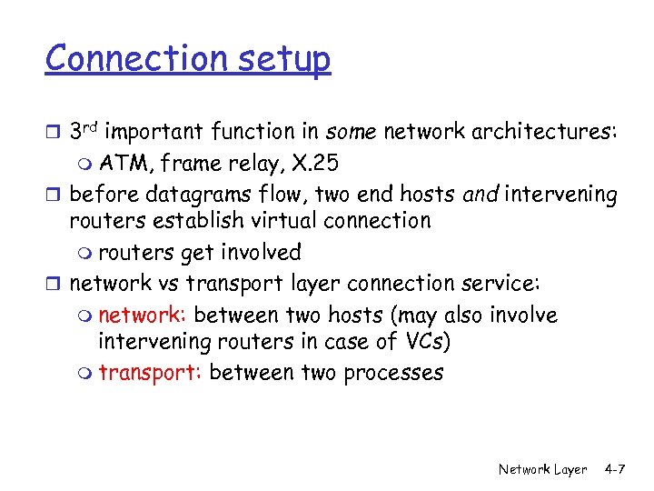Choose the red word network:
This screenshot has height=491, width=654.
(143, 316)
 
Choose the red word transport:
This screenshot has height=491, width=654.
(149, 373)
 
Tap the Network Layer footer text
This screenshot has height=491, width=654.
(542, 469)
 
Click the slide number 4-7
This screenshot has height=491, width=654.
(615, 469)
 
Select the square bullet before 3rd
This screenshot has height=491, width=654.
(55, 134)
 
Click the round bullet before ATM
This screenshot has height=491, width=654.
(86, 165)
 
